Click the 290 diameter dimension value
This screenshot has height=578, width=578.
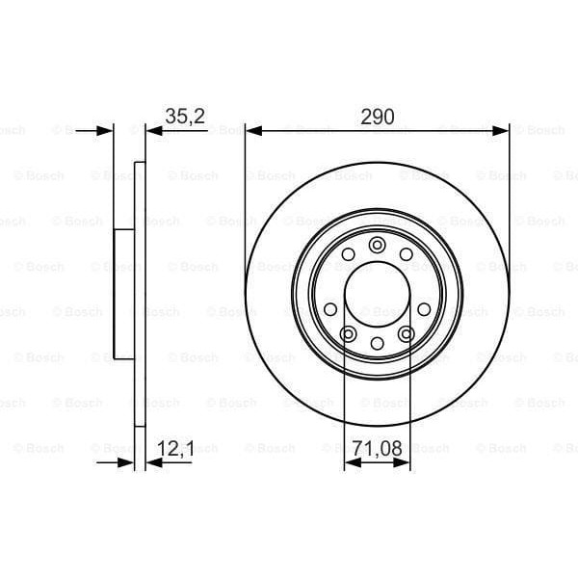(378, 117)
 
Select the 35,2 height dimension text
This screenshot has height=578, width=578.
(183, 117)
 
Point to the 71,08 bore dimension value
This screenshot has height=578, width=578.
(377, 449)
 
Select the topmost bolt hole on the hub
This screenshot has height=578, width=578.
(377, 244)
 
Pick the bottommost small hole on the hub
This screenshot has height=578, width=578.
(377, 344)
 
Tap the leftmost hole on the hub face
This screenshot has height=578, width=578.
(330, 308)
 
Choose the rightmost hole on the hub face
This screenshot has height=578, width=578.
(424, 308)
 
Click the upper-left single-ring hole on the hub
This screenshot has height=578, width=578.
(347, 254)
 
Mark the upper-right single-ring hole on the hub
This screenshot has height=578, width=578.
(407, 254)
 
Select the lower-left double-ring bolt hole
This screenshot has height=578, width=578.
(348, 333)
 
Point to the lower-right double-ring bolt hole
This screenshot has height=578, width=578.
(406, 333)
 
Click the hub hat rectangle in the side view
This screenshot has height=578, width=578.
(123, 294)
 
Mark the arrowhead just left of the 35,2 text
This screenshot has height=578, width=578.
(152, 130)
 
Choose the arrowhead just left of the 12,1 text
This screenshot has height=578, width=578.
(152, 463)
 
